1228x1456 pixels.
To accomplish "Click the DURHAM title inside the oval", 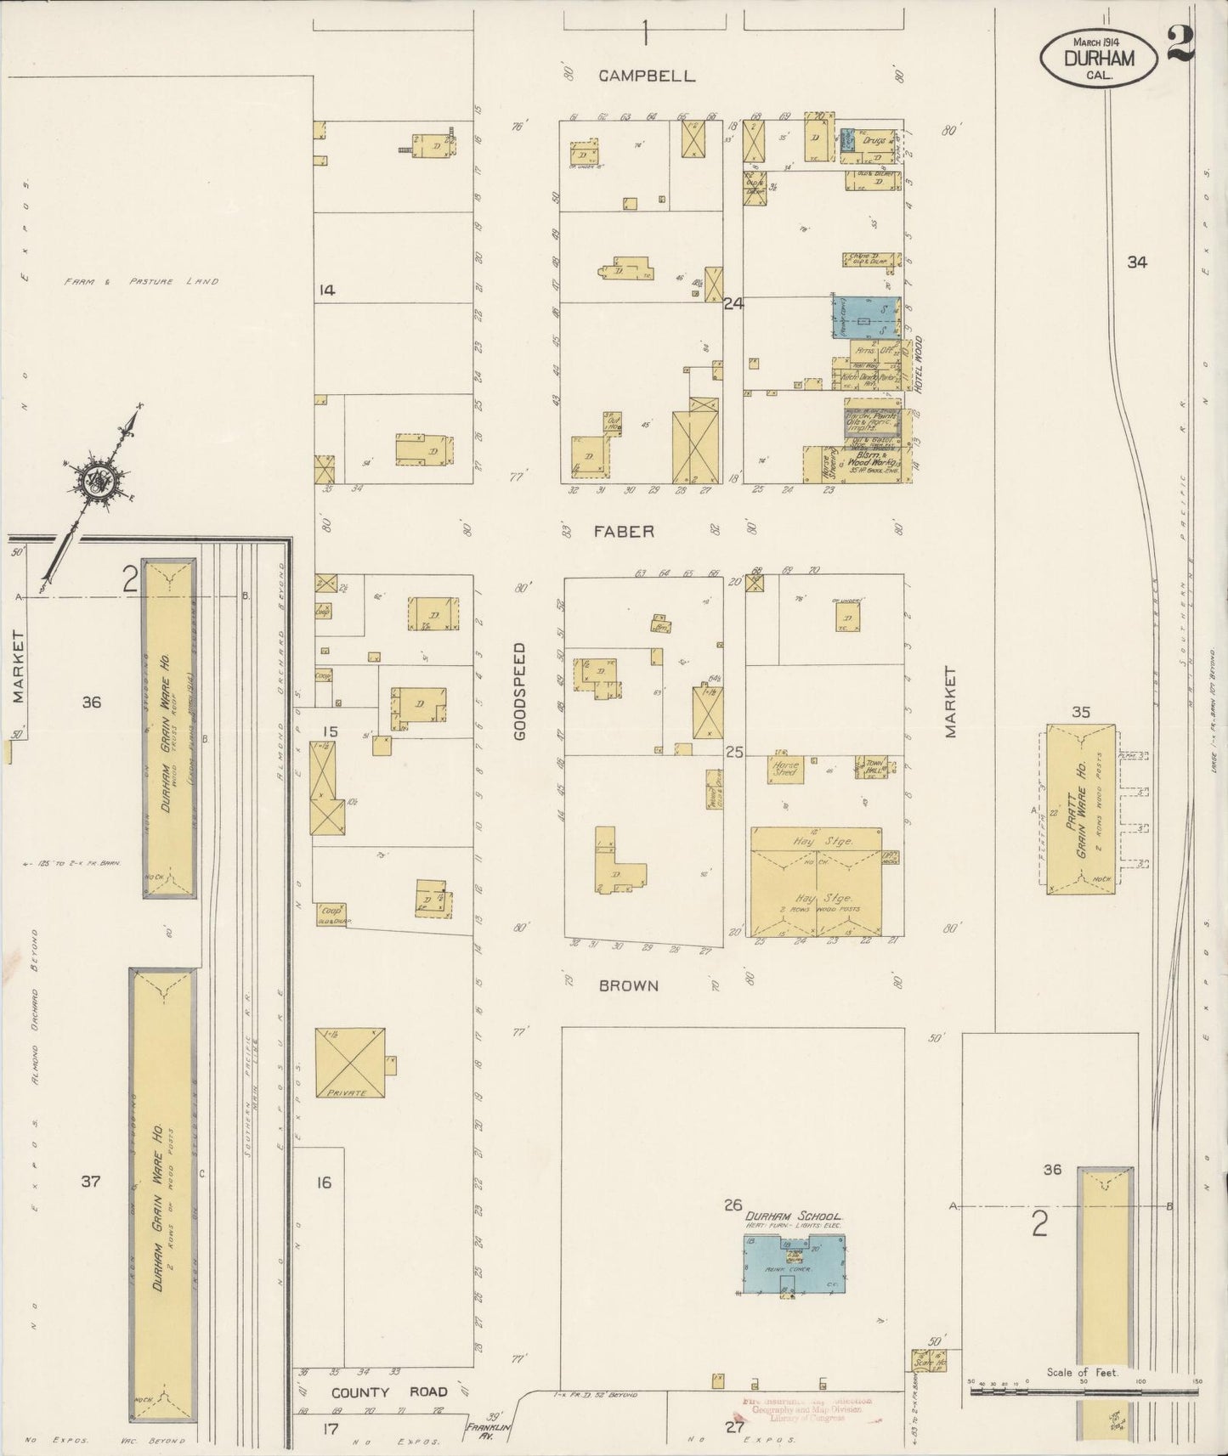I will [1098, 58].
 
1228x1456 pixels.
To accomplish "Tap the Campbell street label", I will [647, 76].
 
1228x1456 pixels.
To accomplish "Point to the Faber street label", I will [624, 532].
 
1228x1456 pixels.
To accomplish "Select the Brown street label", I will [628, 986].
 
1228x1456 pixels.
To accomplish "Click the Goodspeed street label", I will [520, 691].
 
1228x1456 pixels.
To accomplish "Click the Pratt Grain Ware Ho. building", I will [1080, 806].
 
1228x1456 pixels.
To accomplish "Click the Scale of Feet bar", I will [1083, 1393].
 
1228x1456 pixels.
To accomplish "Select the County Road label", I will [389, 1392].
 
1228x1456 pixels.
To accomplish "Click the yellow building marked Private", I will [349, 1063].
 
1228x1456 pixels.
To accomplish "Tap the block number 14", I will [326, 291].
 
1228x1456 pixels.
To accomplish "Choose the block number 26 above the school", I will [733, 1205].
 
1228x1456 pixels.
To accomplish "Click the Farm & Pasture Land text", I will [141, 281].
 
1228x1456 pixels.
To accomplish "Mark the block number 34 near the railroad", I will [1136, 262].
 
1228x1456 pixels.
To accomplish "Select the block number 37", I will [91, 1182].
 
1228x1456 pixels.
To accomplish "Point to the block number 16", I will [324, 1182].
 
